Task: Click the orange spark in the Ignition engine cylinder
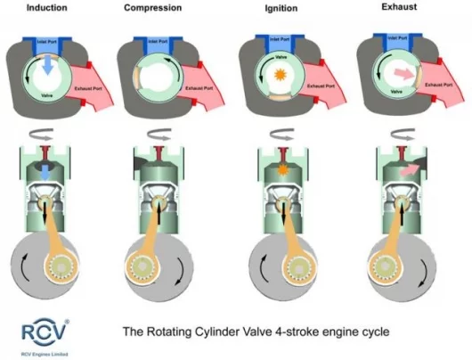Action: [282, 167]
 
